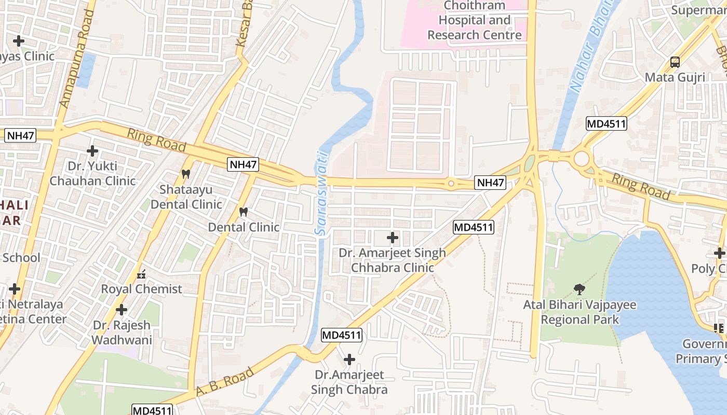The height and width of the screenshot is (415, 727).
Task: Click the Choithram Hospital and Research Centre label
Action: [474, 21]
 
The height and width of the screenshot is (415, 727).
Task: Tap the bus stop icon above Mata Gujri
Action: [675, 62]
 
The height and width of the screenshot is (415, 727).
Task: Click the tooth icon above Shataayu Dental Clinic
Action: [186, 174]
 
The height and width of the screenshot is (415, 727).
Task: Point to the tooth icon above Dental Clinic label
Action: [243, 212]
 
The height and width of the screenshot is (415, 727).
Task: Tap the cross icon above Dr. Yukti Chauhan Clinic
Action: [92, 151]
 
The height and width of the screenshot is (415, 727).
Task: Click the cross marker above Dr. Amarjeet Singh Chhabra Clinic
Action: [393, 238]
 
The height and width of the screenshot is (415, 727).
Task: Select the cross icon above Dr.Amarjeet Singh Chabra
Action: [349, 359]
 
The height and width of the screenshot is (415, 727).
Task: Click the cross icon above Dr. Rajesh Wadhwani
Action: [122, 310]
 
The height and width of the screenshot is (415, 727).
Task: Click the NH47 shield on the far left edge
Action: [20, 136]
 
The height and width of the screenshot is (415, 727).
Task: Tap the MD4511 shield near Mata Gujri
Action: [606, 123]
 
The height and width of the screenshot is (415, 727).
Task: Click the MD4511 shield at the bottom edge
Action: [152, 410]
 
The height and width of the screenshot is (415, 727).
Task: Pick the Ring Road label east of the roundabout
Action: [641, 186]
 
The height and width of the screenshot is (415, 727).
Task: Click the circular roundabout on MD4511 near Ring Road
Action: [581, 158]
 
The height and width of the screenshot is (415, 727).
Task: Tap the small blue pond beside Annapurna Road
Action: [86, 70]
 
